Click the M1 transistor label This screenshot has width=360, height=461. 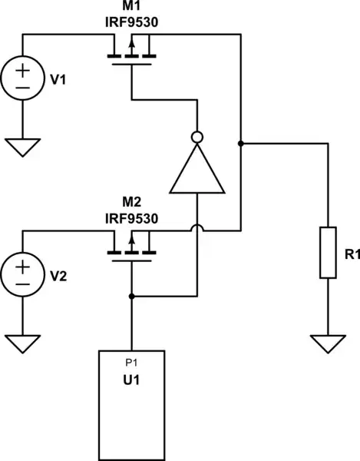tap(131, 6)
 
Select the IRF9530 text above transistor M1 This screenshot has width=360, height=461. tap(131, 22)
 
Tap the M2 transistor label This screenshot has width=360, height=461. tap(131, 203)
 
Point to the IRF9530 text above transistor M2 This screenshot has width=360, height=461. tap(131, 218)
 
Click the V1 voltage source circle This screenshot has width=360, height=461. tap(22, 78)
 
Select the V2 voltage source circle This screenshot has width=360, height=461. tap(22, 274)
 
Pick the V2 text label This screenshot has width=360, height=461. tap(59, 275)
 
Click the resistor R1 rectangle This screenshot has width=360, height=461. tap(328, 252)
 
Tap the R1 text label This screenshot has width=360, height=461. tap(351, 254)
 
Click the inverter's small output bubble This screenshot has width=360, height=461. tap(198, 138)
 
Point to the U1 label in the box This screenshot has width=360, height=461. tap(131, 380)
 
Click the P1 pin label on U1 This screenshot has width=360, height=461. tap(131, 360)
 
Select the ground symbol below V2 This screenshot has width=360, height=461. tap(22, 343)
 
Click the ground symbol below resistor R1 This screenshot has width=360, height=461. tap(328, 343)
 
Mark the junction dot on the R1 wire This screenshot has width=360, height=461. tap(241, 144)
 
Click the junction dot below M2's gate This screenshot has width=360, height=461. tap(132, 296)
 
